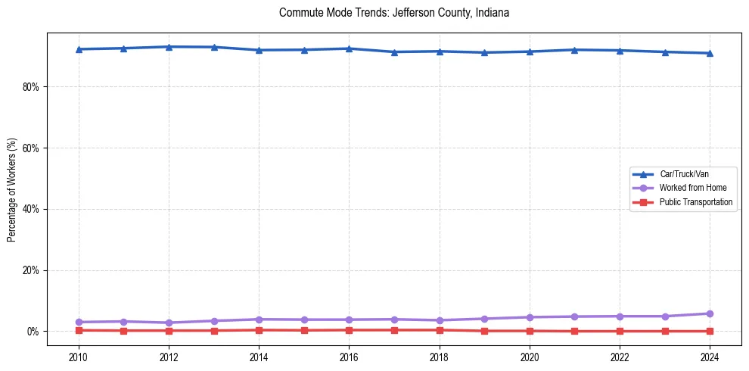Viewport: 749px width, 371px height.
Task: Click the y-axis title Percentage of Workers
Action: point(12,190)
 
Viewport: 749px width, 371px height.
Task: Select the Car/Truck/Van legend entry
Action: point(684,174)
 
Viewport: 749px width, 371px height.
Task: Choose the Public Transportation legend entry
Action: point(696,202)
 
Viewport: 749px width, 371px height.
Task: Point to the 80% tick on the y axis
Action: point(30,87)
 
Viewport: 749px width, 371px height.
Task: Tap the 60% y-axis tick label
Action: point(30,148)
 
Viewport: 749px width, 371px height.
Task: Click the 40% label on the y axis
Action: point(30,209)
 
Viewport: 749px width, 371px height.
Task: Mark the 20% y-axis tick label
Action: point(30,270)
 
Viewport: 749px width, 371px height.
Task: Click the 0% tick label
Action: point(32,332)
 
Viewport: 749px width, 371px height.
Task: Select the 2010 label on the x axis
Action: point(78,357)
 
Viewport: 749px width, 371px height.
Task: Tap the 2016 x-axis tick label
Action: point(349,357)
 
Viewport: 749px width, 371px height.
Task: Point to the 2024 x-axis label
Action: point(710,357)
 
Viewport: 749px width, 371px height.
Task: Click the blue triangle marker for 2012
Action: point(169,47)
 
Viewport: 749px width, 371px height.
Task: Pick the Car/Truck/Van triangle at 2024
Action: point(710,53)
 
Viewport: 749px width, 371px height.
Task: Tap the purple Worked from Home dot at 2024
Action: point(710,313)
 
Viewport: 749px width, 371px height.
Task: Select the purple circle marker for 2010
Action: point(78,322)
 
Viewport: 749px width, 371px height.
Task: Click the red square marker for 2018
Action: point(439,330)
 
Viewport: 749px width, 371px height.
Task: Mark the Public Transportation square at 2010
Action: point(78,330)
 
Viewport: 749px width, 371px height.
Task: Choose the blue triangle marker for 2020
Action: point(530,51)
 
